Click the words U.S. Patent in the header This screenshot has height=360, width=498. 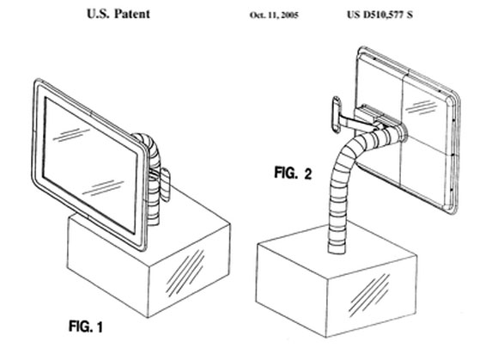(118, 14)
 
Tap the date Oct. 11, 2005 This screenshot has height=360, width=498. (274, 15)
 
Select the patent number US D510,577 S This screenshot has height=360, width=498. (380, 15)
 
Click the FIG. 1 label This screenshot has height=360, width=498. (86, 326)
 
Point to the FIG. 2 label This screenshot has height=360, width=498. (293, 174)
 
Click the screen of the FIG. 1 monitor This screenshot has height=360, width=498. (90, 165)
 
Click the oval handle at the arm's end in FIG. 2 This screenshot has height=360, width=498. (337, 115)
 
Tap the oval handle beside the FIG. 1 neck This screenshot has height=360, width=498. (165, 186)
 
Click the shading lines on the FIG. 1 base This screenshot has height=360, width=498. (185, 273)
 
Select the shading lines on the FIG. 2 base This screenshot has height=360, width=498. (369, 295)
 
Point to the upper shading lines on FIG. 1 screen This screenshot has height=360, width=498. (70, 134)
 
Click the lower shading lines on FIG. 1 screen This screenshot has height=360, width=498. (103, 188)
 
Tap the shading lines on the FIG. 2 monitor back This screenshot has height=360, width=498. (421, 107)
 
